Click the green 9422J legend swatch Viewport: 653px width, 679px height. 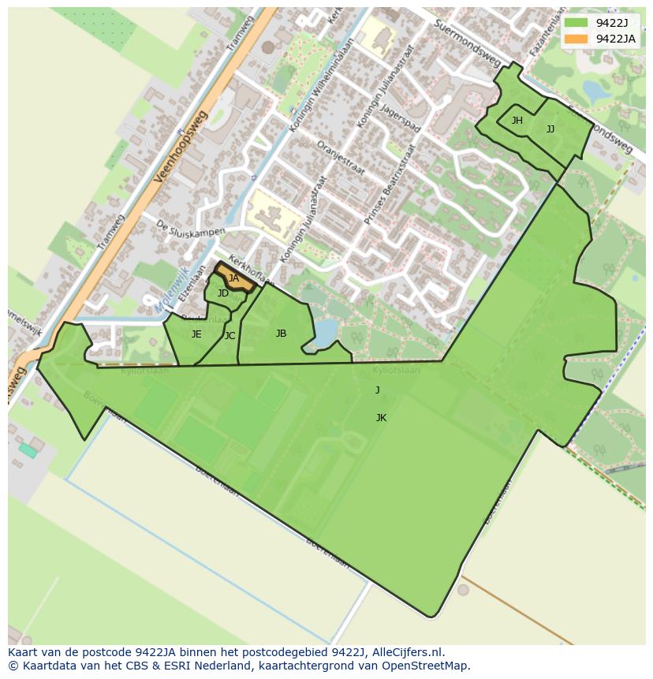point(576,23)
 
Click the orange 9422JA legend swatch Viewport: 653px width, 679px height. point(576,39)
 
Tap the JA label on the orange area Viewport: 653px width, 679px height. point(233,278)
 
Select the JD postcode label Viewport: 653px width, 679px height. point(223,293)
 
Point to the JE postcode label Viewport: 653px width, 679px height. point(196,334)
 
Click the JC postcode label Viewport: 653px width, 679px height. point(229,336)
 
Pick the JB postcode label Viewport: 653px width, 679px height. point(281,334)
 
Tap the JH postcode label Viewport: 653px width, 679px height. point(517,121)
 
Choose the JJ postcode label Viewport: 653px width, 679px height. point(550,129)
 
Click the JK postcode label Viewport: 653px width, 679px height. point(381,418)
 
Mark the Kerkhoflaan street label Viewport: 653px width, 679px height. point(252,270)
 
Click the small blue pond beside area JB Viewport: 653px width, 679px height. point(325,337)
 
